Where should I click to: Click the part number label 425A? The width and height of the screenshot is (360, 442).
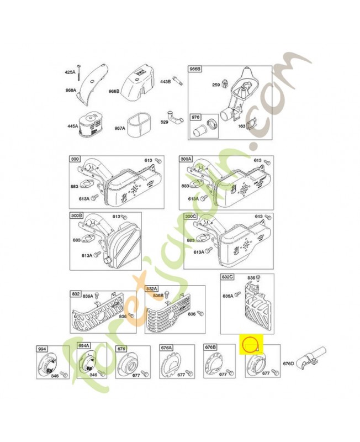(x=70, y=72)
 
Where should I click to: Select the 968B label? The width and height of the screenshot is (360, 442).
(x=114, y=92)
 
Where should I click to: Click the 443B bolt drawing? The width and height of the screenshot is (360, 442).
(x=177, y=81)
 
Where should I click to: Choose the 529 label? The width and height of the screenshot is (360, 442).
(x=165, y=122)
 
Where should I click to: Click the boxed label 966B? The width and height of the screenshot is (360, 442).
(x=196, y=70)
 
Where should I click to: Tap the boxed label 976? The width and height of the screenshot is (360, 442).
(x=196, y=117)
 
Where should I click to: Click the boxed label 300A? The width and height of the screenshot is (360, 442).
(x=187, y=159)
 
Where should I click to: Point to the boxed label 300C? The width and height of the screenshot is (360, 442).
(x=191, y=216)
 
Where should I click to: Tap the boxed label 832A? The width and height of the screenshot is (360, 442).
(x=152, y=289)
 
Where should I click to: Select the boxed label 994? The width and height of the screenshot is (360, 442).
(x=43, y=349)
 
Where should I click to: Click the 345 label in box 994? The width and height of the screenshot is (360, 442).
(x=55, y=376)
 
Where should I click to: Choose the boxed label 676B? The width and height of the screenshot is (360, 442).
(x=210, y=348)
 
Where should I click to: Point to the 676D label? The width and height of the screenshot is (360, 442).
(x=288, y=364)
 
